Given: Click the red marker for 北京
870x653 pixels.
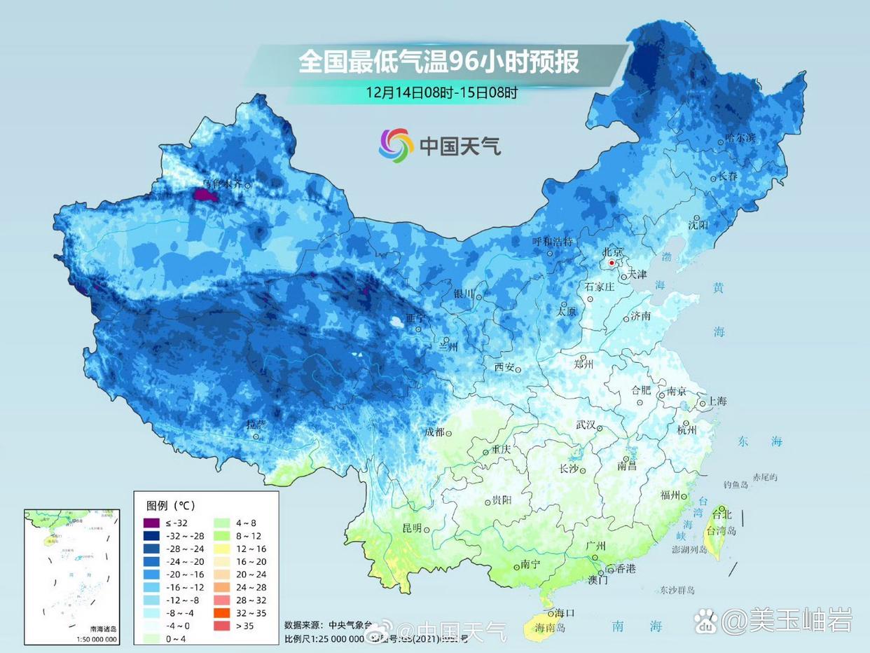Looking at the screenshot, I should (x=612, y=263).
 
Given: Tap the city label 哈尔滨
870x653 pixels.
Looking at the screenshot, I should (x=741, y=138).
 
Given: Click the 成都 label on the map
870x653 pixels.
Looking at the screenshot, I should (x=435, y=432).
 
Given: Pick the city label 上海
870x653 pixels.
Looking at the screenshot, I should (x=717, y=401).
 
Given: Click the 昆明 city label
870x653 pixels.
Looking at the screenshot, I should (x=411, y=528).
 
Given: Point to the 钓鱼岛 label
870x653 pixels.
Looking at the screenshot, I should (x=737, y=484).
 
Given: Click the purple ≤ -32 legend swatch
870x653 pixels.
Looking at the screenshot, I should (x=151, y=523).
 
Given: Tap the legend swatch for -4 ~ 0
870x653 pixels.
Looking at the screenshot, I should (x=151, y=626).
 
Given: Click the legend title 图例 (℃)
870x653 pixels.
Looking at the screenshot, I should (x=170, y=505).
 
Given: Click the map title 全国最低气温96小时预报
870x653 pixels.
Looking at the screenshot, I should (x=439, y=62).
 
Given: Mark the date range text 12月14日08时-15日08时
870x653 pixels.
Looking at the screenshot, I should (x=441, y=92).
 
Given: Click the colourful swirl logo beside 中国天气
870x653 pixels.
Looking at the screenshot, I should (x=396, y=145).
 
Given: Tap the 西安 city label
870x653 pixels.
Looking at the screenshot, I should (x=504, y=367).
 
